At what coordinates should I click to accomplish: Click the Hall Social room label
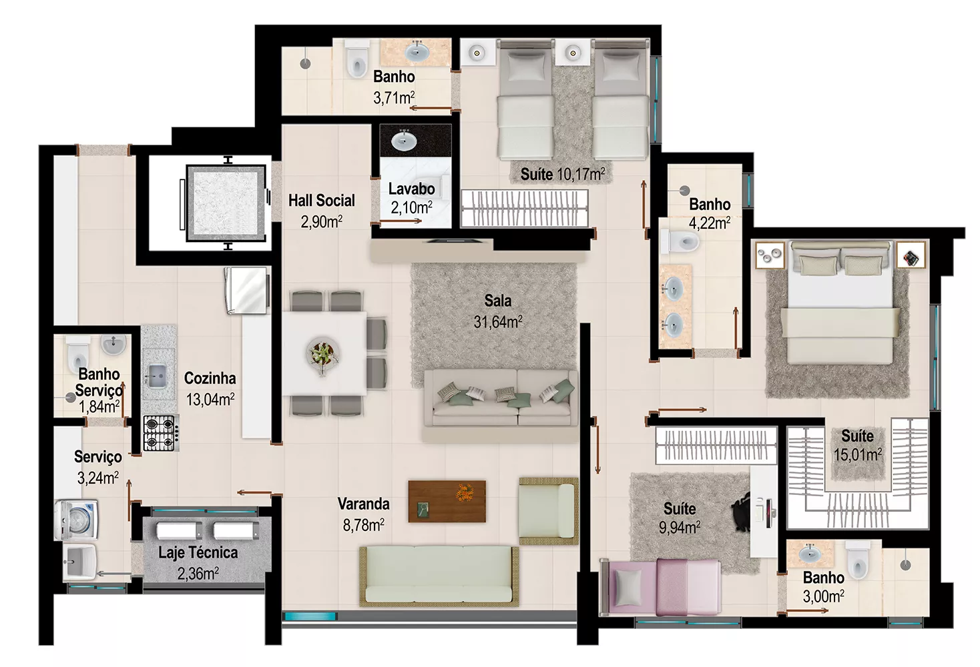322,201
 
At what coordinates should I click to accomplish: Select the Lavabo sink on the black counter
404,140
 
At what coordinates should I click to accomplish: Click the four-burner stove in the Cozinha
160,433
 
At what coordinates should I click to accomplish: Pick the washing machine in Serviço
75,521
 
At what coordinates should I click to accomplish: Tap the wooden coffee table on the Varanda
447,502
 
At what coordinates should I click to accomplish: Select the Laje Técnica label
198,552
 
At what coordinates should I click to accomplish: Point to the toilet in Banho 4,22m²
680,241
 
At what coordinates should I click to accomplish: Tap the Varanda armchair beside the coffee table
549,510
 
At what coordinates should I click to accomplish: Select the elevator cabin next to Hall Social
226,203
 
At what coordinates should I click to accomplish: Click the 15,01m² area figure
857,455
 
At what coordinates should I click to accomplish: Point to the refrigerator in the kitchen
246,290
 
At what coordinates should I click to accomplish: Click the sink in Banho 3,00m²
809,554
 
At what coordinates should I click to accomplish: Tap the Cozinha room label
210,378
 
